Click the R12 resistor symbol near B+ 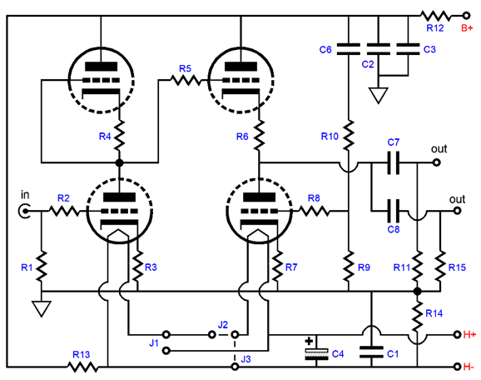435,15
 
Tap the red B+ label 467,28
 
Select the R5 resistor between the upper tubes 186,81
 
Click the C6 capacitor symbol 349,49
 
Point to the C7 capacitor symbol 394,162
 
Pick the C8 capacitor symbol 394,211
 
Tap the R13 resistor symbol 82,367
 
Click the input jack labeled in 24,211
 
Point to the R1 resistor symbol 42,266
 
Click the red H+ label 469,334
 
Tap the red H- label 469,367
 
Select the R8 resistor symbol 314,211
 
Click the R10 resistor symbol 349,135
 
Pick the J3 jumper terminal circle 235,367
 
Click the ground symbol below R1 42,308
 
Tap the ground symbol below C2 379,95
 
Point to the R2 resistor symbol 64,211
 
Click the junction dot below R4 120,162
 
